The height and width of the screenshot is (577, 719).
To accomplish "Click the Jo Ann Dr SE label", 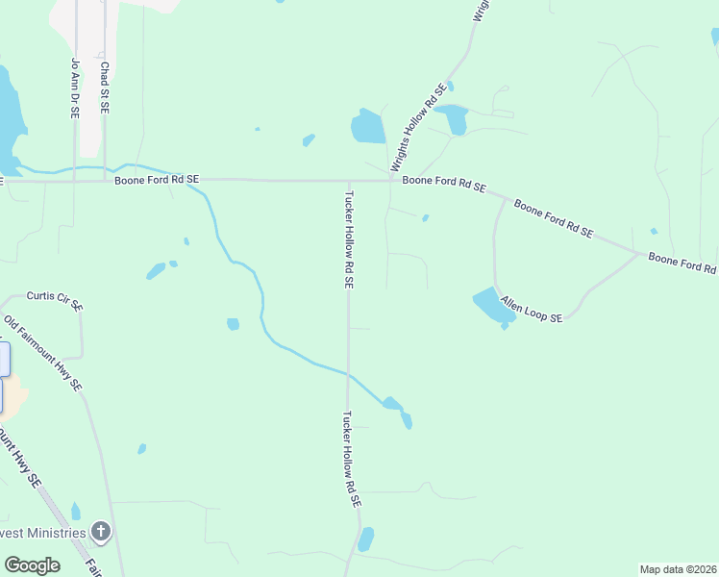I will point(74,88).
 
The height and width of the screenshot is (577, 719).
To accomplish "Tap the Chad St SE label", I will point(104,88).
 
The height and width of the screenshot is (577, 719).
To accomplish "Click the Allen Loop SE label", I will point(531,310).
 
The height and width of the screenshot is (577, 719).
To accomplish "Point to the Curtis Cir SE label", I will point(55,301).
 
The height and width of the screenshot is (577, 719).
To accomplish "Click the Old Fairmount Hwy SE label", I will point(43,353).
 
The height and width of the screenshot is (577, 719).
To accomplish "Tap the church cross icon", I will point(100,531).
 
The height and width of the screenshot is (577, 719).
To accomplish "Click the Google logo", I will point(32,565).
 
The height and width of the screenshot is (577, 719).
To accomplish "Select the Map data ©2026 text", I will point(678,569).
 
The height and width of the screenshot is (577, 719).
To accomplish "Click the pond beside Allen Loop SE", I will point(493,306).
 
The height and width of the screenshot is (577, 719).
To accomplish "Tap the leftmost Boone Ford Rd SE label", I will point(157,180).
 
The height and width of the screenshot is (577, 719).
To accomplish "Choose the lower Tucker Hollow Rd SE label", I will point(350,460).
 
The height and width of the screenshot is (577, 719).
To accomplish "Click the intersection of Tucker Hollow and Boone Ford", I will point(348,180).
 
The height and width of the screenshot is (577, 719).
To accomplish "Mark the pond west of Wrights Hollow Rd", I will point(367,127).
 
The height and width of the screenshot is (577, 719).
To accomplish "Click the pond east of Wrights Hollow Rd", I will point(453,117).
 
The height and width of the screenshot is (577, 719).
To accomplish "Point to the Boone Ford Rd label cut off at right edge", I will point(682,263).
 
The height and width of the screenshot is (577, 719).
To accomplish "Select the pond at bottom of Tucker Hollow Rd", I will point(365,539).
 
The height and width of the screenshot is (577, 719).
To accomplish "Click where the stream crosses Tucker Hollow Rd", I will point(348,371).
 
